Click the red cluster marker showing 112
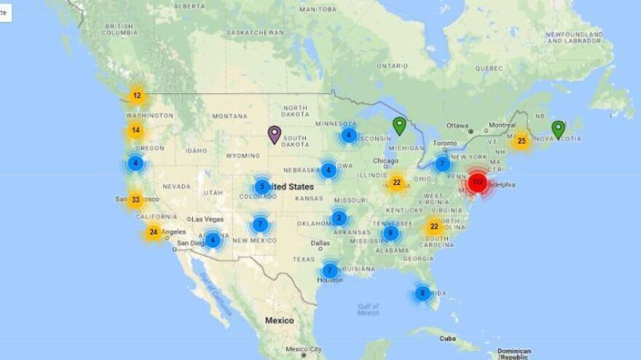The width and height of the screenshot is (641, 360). coord(477,181)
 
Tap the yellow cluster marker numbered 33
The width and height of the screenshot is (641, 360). coord(135,199)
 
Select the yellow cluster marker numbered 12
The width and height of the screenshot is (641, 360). coord(137,95)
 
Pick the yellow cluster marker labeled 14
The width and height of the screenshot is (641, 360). coord(135,131)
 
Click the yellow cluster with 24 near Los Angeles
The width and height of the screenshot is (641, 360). coord(153,232)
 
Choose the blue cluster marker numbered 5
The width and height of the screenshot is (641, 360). coord(262,186)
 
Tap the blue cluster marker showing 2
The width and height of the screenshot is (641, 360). coord(339,217)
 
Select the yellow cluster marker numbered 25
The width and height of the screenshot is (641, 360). coord(521,141)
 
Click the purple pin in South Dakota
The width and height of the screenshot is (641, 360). coord(274,134)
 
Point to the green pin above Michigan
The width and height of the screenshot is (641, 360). coord(399,125)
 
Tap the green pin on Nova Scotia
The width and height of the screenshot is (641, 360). coord(558,129)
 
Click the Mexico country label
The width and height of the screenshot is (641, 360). coord(279,321)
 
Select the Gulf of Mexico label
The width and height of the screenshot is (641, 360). coord(368,309)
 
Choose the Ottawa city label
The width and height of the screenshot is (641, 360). coord(457,125)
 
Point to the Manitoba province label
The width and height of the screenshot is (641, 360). coord(318,9)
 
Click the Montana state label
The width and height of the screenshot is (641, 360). coord(230,116)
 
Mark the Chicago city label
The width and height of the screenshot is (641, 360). coord(387,161)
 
